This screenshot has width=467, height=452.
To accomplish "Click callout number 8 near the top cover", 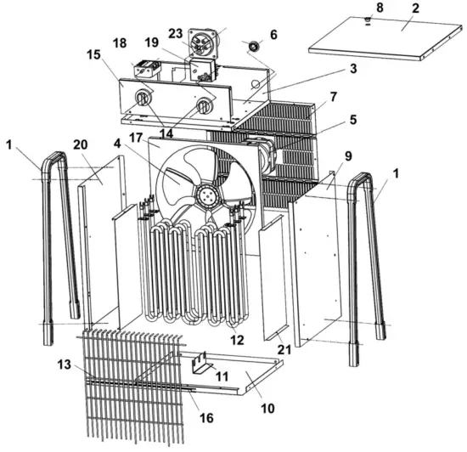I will click(x=380, y=7).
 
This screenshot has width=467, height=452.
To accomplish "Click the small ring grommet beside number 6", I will click(x=252, y=44).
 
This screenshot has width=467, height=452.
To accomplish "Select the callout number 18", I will click(x=119, y=42).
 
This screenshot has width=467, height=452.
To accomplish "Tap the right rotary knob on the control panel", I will click(x=205, y=105).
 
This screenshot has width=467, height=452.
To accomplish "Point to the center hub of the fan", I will click(x=206, y=195).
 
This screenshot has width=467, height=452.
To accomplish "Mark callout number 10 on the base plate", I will click(x=267, y=409).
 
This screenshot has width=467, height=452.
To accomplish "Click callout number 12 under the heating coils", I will click(x=238, y=339).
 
